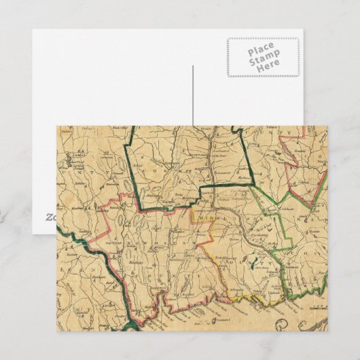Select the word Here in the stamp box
pyautogui.click(x=262, y=68)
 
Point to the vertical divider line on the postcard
pyautogui.click(x=193, y=95)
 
